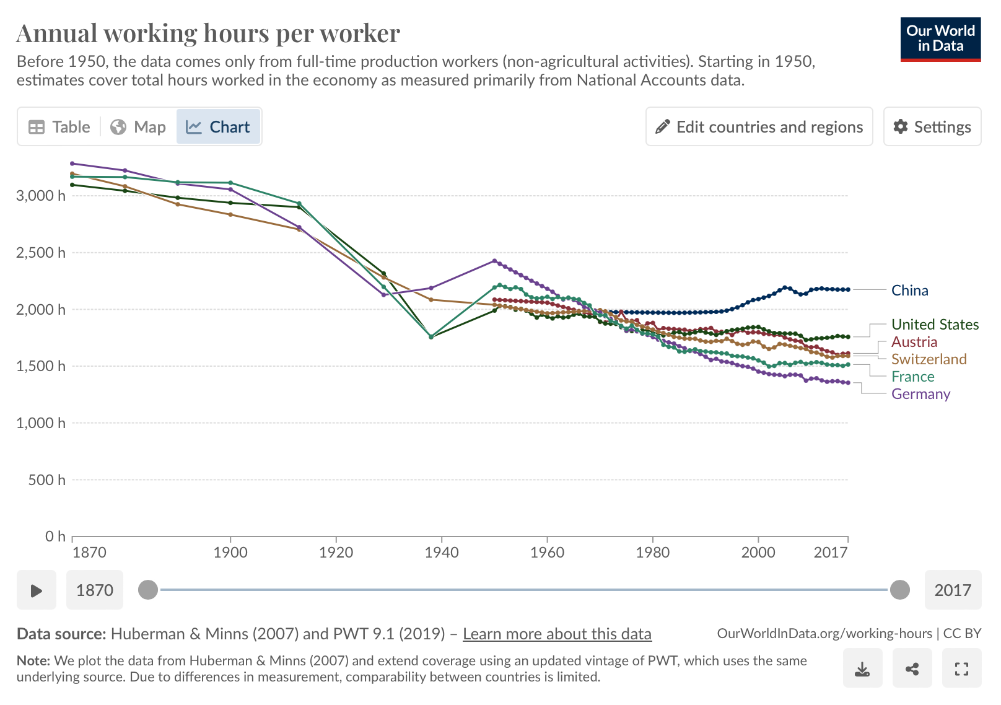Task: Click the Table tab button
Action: tap(59, 127)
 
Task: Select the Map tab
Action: tap(138, 127)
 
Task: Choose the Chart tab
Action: tap(218, 127)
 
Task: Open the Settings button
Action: tap(932, 127)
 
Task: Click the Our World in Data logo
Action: tap(940, 39)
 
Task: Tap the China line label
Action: tap(909, 291)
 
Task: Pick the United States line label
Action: tap(935, 325)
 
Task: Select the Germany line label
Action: tap(920, 394)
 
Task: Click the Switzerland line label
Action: tap(929, 359)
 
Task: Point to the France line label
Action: tap(912, 377)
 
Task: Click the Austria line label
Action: tap(914, 342)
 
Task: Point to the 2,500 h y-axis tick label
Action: tap(41, 253)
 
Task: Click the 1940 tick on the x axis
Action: tap(442, 552)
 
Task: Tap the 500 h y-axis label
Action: tap(46, 480)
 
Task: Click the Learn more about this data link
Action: tap(557, 634)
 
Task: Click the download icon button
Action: tap(862, 668)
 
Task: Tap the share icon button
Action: tap(912, 668)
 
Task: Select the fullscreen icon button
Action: tap(961, 668)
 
